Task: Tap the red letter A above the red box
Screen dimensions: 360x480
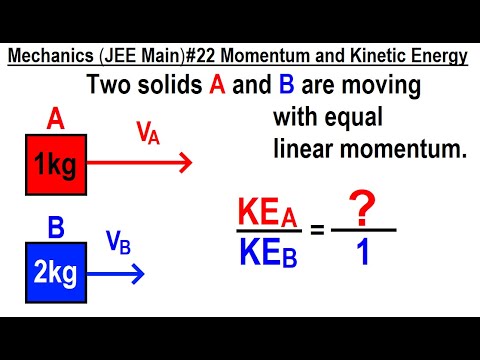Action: click(56, 121)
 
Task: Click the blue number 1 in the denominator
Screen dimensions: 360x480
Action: click(362, 252)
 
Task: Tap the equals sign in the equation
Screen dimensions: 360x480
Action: click(316, 232)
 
